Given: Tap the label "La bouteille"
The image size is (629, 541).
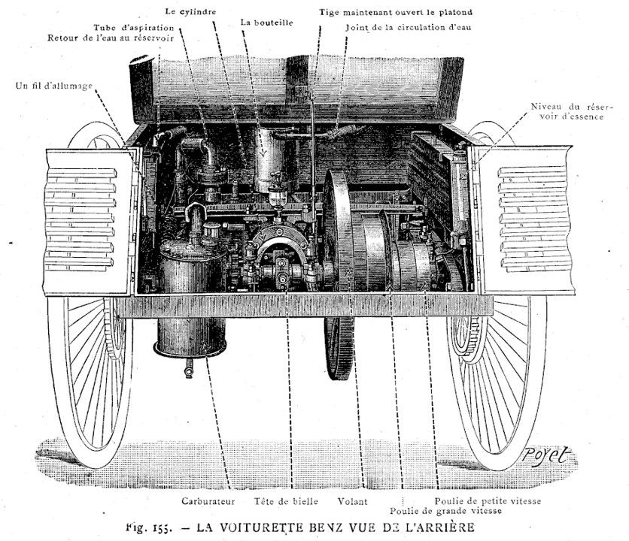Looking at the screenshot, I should tap(266, 23).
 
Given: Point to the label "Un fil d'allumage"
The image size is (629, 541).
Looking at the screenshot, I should tap(53, 86).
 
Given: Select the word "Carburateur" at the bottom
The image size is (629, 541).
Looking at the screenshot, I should tap(209, 500).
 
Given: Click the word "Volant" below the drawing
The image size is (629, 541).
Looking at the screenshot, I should tap(353, 500).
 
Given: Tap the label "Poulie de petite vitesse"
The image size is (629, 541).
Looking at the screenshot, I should tap(488, 500).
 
